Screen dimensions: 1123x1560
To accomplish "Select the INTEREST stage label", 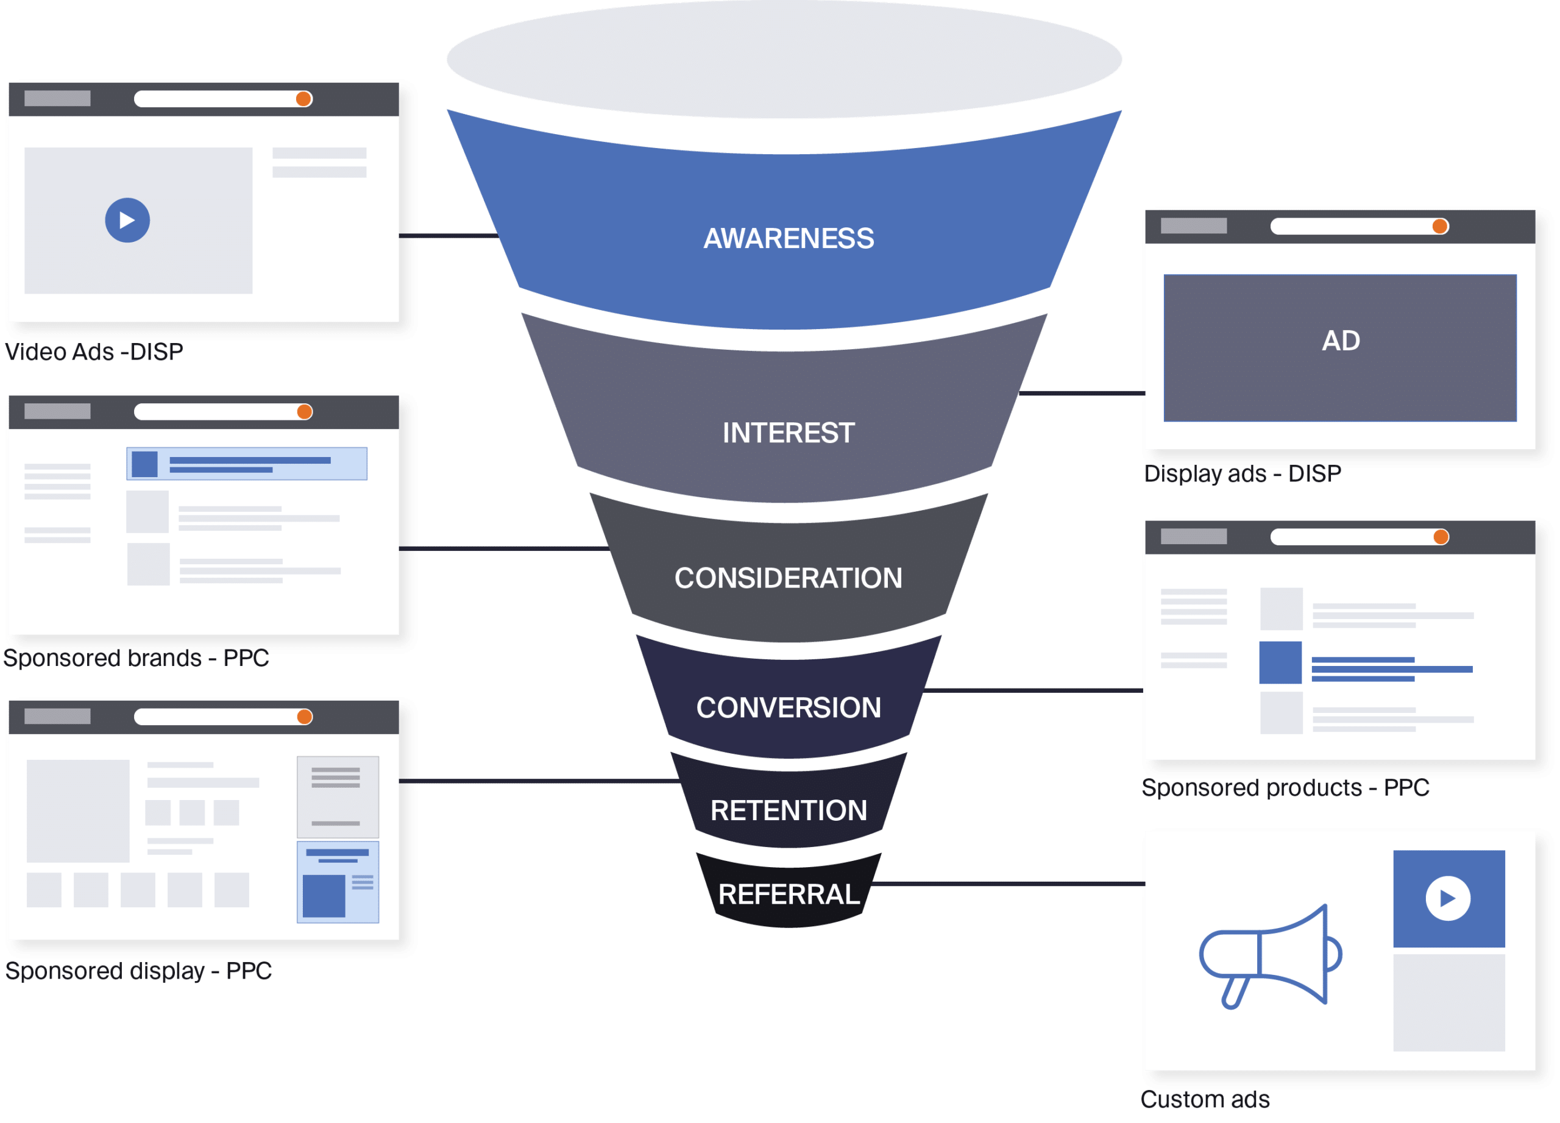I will (789, 433).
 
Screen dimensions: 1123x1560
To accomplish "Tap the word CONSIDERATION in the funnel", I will (789, 578).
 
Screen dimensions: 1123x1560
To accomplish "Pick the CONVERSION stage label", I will (789, 707).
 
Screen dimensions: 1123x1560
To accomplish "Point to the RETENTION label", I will (789, 810).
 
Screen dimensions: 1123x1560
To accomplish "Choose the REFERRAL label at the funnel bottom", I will (789, 894).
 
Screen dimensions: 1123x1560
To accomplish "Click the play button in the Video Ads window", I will (127, 220).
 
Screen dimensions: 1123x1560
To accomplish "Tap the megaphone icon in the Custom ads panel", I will (1270, 956).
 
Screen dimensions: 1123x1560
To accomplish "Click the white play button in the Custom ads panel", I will (1448, 898).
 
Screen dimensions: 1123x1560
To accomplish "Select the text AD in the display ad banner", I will (1341, 341).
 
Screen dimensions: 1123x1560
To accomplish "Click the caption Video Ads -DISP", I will (94, 352).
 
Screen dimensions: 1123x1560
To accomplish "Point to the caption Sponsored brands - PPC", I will (136, 658).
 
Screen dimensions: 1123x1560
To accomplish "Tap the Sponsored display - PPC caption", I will (138, 971).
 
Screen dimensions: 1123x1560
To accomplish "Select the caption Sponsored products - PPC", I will (1285, 787).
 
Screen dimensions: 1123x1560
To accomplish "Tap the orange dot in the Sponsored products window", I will (1441, 537).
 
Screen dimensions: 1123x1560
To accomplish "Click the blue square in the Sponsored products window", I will (1280, 662).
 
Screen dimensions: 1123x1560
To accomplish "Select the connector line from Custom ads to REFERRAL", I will (1008, 884).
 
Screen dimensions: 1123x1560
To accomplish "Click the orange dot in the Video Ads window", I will (303, 99).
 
